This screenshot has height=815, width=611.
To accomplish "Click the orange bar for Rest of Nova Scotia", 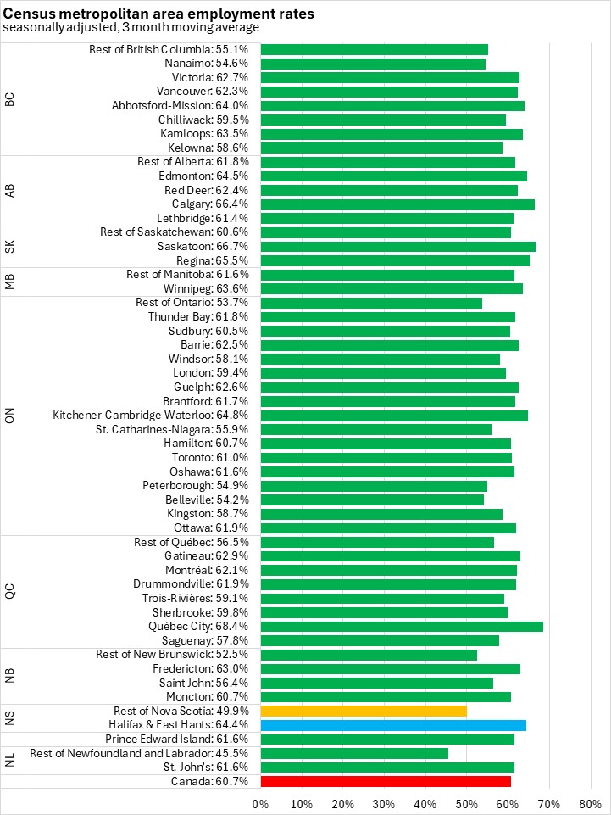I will click(364, 711).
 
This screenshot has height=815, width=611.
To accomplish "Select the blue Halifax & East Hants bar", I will click(393, 725).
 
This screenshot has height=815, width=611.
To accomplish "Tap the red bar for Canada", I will click(386, 781).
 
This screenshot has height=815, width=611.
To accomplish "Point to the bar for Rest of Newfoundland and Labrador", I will click(354, 753).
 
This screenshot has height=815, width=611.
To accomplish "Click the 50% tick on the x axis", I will click(466, 803).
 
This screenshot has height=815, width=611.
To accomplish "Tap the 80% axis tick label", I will click(590, 803).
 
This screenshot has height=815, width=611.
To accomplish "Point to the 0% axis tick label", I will click(260, 803).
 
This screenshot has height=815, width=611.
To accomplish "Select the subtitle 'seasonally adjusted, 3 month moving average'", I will click(131, 27).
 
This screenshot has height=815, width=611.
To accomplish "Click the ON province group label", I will click(10, 415).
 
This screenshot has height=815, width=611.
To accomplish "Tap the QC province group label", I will click(10, 591).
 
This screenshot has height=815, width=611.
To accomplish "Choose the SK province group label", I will click(10, 246).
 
